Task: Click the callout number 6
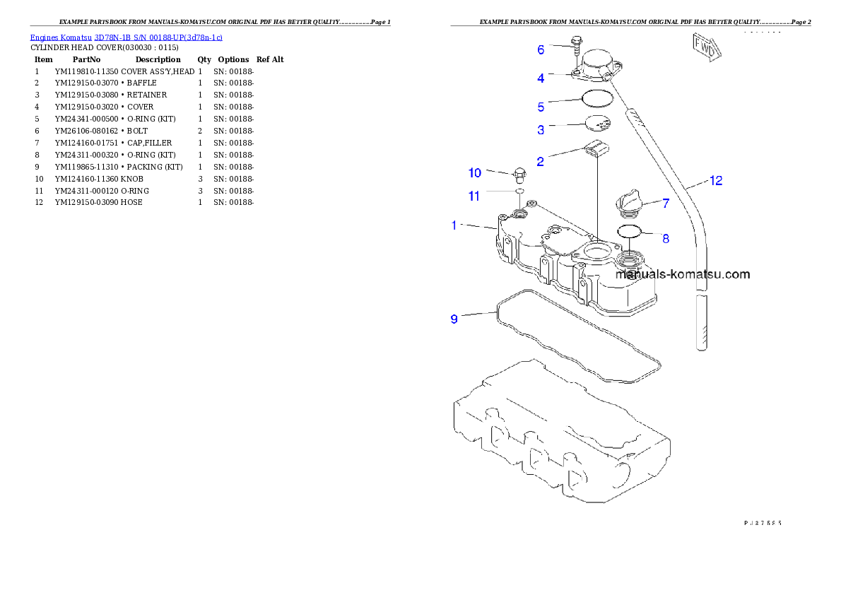point(541,49)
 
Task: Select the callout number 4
point(541,78)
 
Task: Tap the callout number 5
point(541,107)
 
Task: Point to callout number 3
point(541,130)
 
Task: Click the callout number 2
point(541,161)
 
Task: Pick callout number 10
point(474,173)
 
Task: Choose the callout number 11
point(474,196)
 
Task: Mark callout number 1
point(455,225)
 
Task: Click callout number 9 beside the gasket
point(454,319)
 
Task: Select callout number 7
point(666,204)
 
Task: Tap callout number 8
point(666,238)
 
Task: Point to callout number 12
point(715,181)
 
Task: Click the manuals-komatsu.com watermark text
point(683,274)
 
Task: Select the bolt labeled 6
point(576,46)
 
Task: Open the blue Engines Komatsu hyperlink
point(126,37)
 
